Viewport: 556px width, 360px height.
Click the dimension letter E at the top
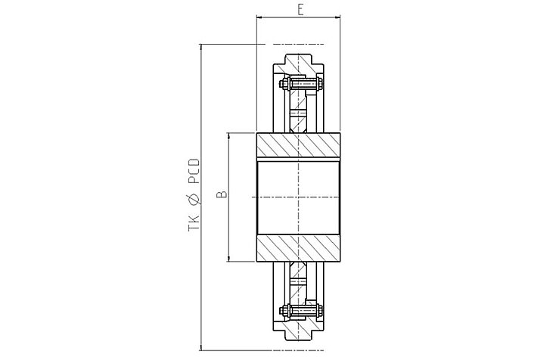(300, 10)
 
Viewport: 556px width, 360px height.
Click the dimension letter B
(222, 194)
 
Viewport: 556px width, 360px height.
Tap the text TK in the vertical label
(194, 223)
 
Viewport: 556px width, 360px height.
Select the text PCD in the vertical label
(194, 172)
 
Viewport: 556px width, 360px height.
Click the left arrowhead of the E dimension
(259, 17)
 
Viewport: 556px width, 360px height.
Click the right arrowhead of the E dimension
(337, 17)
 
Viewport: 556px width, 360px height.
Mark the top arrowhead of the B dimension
(228, 136)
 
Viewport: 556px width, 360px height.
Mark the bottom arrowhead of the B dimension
(228, 259)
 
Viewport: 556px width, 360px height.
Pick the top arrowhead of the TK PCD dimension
(201, 47)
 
